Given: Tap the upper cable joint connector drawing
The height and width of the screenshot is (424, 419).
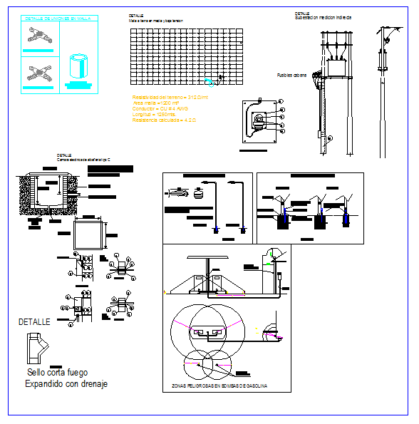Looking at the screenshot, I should click(x=38, y=35).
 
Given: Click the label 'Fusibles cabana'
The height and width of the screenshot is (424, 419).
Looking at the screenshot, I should click(x=291, y=74).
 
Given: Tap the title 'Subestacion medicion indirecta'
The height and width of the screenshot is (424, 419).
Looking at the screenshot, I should click(x=324, y=17).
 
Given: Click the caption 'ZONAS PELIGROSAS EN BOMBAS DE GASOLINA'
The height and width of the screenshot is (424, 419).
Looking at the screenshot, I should click(x=219, y=386).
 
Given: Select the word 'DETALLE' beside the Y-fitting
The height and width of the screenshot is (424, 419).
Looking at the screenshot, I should click(x=34, y=322).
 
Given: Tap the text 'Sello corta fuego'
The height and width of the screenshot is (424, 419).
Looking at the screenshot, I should click(x=56, y=372).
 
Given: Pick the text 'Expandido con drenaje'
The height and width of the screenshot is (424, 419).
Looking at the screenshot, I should click(x=66, y=384).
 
